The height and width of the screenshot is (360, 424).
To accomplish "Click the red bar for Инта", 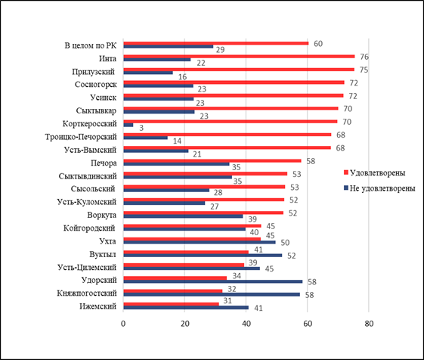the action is pos(239,56).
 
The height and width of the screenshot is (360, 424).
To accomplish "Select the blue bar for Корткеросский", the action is pos(128,125).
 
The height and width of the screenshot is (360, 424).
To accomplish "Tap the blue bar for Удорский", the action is pos(213,281).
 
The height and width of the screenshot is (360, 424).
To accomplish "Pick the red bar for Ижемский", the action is pos(171,304).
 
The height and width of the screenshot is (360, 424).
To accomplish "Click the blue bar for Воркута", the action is pos(183,216).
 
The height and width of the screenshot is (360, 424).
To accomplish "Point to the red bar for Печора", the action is pos(212,161).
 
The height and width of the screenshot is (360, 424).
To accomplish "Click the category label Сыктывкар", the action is pos(96,110).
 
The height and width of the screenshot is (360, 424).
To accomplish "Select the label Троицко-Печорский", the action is pos(81,137).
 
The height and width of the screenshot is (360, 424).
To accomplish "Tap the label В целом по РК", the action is pos(91,45).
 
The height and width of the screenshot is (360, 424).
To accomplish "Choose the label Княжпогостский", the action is pos(87,293).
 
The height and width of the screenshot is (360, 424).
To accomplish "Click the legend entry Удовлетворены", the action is pos(375,172).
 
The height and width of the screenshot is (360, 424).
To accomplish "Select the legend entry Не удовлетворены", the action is pos(379,188).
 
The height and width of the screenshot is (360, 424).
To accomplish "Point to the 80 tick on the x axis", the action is pos(369,324).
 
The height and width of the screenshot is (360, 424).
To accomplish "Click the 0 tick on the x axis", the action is pos(123,324).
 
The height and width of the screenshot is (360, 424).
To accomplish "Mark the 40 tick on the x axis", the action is pos(246,324).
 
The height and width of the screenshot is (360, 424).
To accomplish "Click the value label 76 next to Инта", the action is pos(364,57).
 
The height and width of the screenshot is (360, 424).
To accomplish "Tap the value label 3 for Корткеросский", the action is pos(141,128).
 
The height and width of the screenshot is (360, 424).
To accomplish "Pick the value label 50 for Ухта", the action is pos(285,243).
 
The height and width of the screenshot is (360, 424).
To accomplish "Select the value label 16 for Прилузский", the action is pos(182,77).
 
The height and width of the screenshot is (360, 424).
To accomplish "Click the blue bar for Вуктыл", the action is pos(203,255).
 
